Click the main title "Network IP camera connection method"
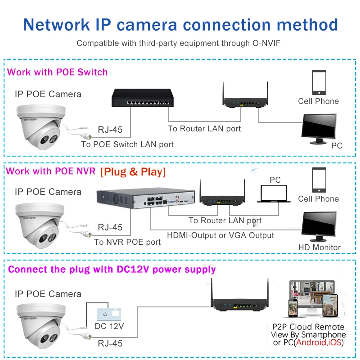point(180,24)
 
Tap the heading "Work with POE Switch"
point(58,72)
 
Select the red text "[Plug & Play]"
point(133,172)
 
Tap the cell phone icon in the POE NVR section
point(319,180)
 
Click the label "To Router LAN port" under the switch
point(204,129)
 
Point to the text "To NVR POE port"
point(127,242)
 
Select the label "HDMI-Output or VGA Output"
point(220,235)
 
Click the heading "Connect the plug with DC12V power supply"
point(112,270)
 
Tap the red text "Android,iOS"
point(319,343)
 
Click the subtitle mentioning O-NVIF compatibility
point(180,44)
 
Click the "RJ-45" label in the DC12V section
point(110,343)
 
